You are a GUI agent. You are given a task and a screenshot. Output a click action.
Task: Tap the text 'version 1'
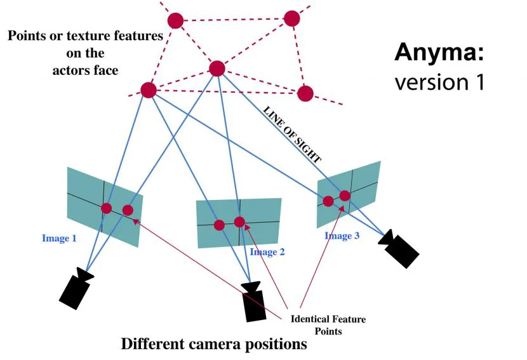coord(439,82)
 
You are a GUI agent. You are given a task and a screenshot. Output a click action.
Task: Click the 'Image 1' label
coord(59,238)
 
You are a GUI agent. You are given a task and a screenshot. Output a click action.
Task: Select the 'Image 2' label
coord(267,252)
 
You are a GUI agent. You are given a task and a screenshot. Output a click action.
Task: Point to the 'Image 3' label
coord(342,236)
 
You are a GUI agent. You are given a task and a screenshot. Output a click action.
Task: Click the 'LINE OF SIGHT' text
coord(291,135)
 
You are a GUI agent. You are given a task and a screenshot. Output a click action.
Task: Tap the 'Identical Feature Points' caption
coord(328,325)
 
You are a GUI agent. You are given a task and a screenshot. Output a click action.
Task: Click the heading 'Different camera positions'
coord(214,344)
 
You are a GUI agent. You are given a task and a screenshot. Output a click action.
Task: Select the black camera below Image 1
coord(76,288)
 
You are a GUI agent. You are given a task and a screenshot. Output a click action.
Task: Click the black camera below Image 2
coord(254,302)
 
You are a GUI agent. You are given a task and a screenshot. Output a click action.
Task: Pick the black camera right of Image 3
coord(399,249)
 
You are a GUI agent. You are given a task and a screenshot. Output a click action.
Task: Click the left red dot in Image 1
coord(106,208)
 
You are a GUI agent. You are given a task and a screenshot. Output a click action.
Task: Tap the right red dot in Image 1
coord(128,210)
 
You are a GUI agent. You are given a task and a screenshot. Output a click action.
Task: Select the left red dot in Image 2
coord(219,225)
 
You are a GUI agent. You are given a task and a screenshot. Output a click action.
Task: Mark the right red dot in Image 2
coord(239,222)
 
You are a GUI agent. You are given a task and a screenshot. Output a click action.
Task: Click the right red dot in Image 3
coord(345,196)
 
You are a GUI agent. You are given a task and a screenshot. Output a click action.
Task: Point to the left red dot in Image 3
coord(328,201)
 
